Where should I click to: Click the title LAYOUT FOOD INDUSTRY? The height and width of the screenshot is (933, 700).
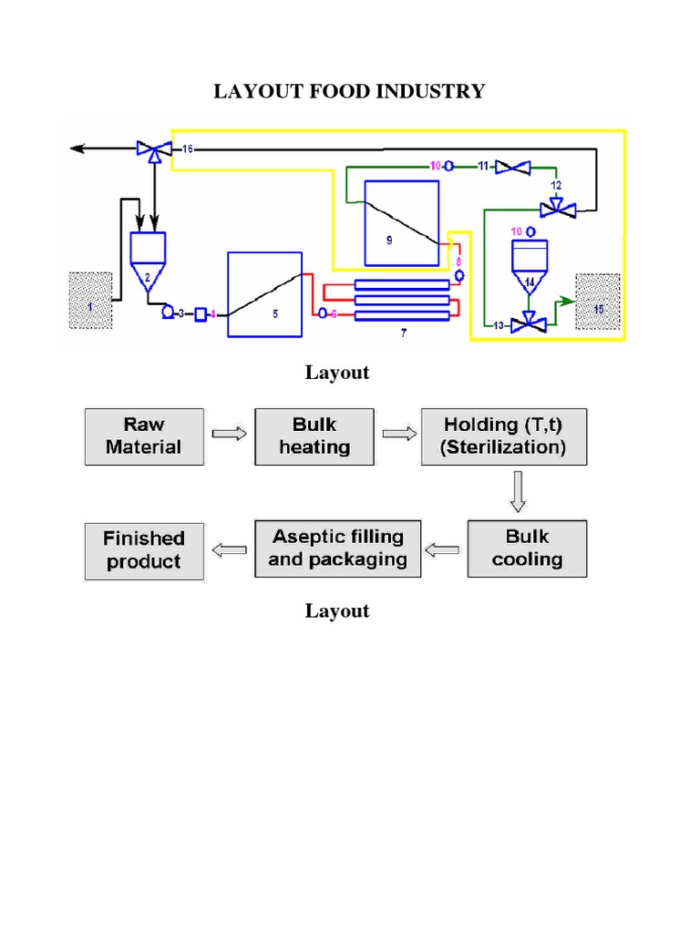[349, 92]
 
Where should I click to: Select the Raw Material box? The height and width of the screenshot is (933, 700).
[143, 436]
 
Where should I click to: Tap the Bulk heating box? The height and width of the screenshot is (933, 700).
[314, 436]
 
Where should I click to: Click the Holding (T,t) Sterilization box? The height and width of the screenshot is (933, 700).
[503, 436]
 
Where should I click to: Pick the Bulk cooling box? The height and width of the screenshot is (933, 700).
[527, 549]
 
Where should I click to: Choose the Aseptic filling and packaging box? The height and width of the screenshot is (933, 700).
[337, 549]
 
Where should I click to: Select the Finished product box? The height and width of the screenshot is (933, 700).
[143, 549]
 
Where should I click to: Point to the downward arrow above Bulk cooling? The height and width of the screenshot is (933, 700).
[518, 493]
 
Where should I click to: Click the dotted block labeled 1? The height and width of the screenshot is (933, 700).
[91, 300]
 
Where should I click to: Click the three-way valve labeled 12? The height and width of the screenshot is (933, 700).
[556, 209]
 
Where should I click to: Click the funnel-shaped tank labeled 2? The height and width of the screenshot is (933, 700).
[148, 260]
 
